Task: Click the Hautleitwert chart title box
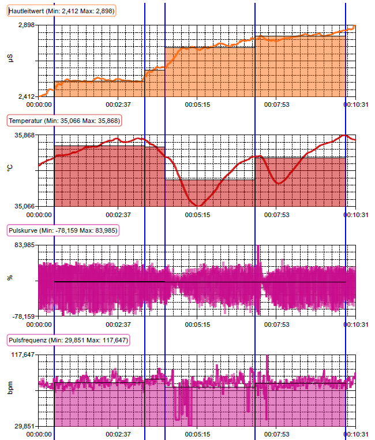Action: (x=61, y=11)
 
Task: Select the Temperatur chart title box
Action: (x=63, y=121)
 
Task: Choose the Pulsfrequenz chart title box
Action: (x=67, y=340)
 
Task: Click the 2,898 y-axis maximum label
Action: (x=27, y=25)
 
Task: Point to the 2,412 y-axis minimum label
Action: (x=27, y=96)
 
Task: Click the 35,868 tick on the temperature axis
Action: (x=25, y=135)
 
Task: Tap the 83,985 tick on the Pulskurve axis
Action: (x=25, y=245)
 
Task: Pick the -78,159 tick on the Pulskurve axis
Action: (x=24, y=316)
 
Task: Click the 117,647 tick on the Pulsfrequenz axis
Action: (x=23, y=355)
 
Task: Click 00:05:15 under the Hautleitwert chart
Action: (x=197, y=105)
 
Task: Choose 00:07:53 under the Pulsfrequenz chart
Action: (x=276, y=434)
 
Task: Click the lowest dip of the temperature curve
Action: (x=198, y=206)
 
